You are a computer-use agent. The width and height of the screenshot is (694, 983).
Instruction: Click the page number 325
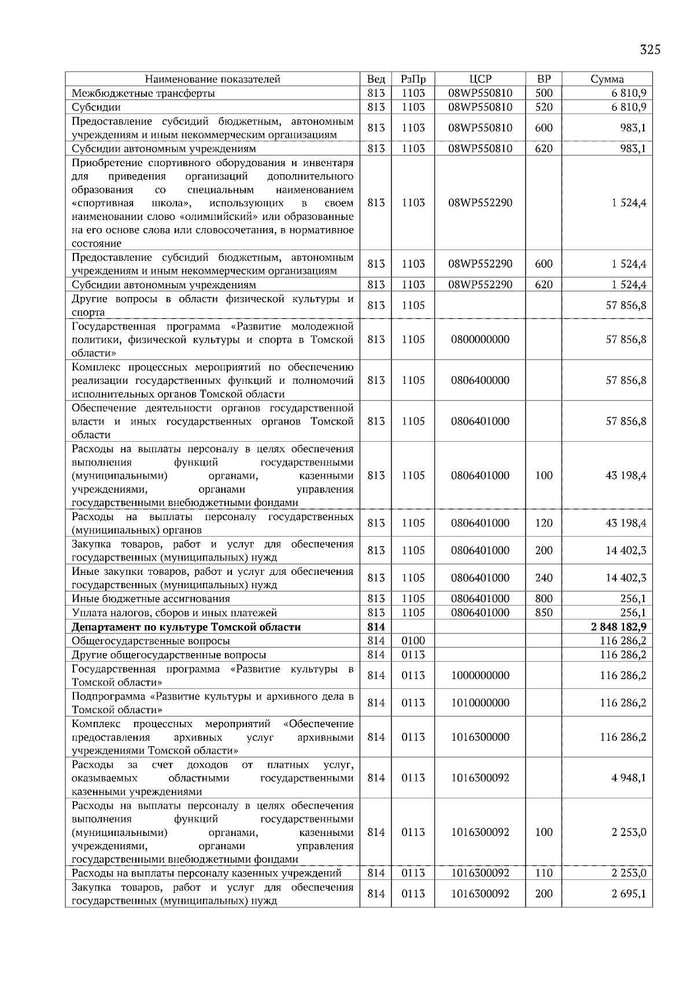click(650, 50)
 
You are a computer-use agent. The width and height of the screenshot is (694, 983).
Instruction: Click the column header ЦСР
click(480, 79)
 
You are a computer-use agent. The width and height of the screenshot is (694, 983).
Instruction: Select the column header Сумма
click(607, 79)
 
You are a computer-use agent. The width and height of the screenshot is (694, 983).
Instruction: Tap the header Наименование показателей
click(212, 79)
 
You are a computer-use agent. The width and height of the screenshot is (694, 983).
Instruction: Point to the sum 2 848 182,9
click(619, 627)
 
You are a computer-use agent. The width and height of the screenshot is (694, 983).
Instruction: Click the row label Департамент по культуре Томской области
click(186, 627)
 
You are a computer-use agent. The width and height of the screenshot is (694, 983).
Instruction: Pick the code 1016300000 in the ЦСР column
click(480, 737)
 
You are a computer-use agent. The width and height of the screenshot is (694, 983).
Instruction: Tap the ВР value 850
click(544, 612)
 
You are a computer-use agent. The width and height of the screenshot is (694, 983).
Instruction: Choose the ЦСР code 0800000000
click(480, 339)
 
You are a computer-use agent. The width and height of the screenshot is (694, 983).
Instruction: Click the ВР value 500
click(544, 93)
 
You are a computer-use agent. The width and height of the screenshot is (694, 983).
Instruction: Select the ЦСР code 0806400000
click(480, 380)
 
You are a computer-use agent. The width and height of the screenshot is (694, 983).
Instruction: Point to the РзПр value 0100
click(413, 641)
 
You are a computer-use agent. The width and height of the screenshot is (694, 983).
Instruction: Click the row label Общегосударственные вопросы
click(151, 641)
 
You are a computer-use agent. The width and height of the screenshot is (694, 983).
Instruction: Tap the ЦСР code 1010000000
click(480, 703)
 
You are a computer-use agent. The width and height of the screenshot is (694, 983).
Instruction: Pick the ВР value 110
click(544, 873)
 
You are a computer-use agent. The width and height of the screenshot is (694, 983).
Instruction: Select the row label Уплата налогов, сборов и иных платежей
click(174, 612)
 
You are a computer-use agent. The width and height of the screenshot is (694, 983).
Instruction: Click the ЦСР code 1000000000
click(480, 676)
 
